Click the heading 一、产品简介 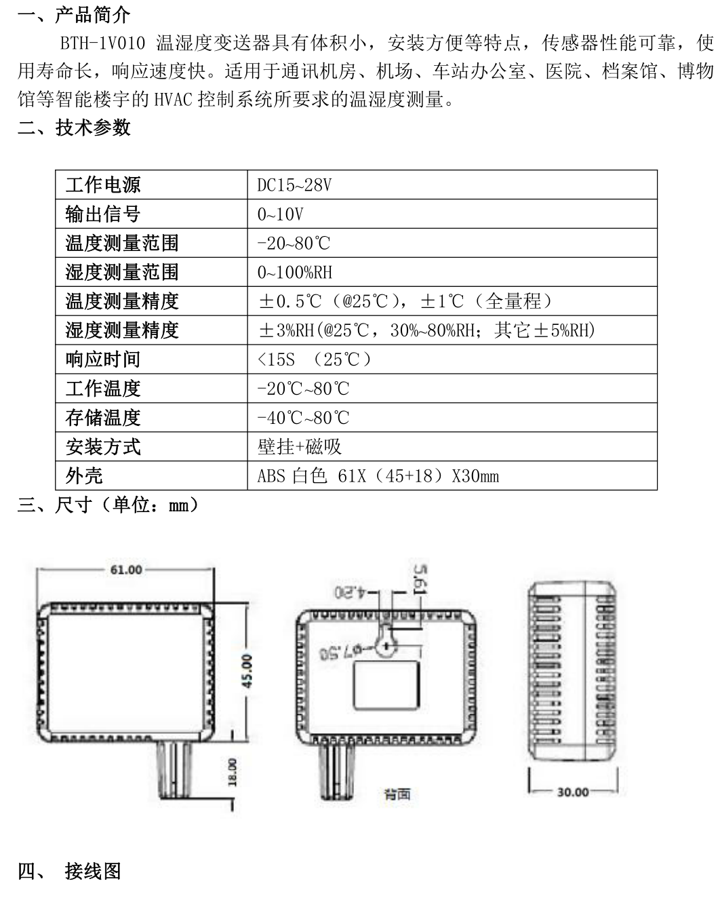pos(74,15)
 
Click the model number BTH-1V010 pos(102,43)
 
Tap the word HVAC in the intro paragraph pos(173,100)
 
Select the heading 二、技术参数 pos(74,127)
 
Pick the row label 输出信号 pos(103,214)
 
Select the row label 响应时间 pos(103,359)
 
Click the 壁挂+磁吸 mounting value pos(299,447)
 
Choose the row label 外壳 pos(84,475)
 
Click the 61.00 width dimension pos(126,570)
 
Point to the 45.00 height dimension pos(247,671)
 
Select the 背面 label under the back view pos(397,794)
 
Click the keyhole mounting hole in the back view pos(386,641)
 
